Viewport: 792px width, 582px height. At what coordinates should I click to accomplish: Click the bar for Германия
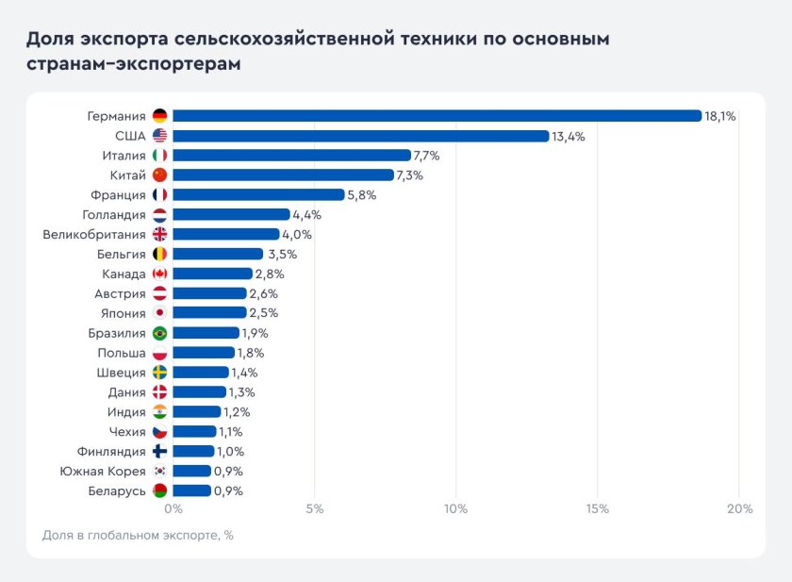point(437,116)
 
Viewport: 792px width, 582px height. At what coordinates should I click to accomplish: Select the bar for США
point(360,136)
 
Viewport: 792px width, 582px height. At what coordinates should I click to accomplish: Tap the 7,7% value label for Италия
point(427,156)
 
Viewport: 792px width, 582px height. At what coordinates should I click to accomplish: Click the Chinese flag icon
point(159,175)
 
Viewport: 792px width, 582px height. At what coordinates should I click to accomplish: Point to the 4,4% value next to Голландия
point(306,215)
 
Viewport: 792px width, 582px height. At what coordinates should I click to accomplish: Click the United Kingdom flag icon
point(159,235)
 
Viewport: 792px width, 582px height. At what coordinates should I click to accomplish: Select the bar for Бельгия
point(218,254)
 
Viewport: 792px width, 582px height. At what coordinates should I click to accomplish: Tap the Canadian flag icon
point(159,274)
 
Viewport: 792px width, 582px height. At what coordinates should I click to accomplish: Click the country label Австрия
point(120,293)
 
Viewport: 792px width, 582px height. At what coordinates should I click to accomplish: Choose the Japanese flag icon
point(159,313)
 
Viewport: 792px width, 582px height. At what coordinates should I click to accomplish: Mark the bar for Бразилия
point(206,333)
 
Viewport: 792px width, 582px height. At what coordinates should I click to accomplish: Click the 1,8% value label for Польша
point(251,353)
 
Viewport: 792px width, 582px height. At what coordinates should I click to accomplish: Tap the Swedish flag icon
point(159,373)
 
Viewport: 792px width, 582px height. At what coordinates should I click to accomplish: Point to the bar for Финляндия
point(193,451)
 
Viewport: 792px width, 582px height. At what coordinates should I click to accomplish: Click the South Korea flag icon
point(159,471)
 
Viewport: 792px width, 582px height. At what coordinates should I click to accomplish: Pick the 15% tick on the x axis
point(597,509)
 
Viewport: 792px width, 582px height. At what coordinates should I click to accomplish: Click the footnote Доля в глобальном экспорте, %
point(138,535)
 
